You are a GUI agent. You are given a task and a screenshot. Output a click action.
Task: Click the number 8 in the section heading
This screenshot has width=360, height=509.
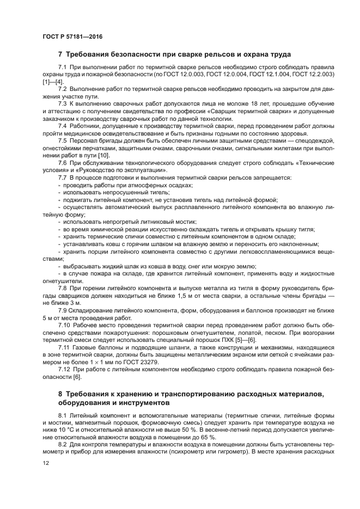(60, 393)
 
